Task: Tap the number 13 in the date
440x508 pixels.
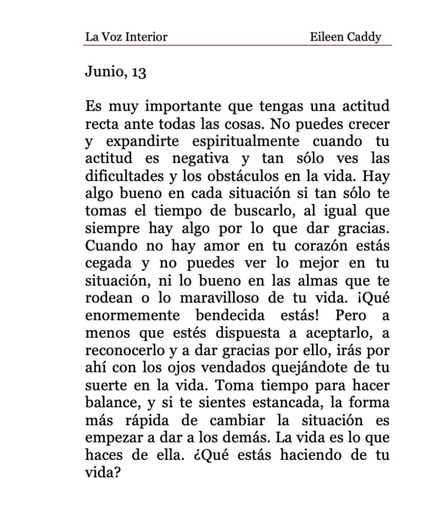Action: tap(139, 72)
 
